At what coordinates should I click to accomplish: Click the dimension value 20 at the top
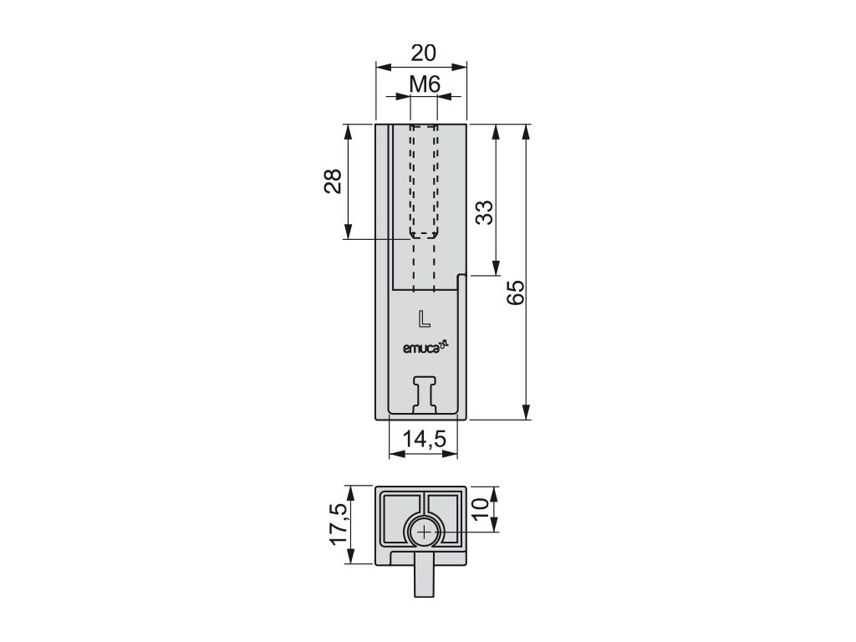click(424, 53)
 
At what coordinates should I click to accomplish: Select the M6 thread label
click(425, 84)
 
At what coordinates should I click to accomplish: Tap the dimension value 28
click(333, 181)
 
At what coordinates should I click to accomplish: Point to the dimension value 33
click(484, 212)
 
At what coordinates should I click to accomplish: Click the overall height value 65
click(515, 292)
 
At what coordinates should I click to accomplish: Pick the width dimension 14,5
click(425, 438)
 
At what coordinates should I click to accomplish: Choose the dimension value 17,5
click(339, 523)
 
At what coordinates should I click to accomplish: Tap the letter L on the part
click(424, 318)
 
